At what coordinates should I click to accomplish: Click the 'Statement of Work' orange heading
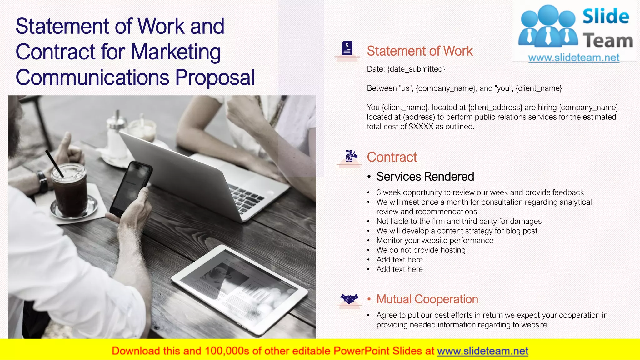pos(420,51)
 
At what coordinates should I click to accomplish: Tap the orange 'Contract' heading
pos(392,157)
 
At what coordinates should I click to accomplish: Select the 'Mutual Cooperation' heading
pos(427,299)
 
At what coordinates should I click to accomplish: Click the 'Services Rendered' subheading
pos(425,177)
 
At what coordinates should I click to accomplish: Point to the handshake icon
pos(349,299)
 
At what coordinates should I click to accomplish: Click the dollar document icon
pos(347,48)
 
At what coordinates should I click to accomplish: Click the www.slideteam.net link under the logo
pos(574,58)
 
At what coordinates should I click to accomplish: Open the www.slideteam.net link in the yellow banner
pos(482,351)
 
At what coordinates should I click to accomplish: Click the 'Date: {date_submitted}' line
pos(406,69)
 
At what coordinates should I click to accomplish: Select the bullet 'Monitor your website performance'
pos(435,241)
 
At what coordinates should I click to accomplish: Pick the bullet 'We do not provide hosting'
pos(421,250)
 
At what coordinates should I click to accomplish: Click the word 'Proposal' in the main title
pos(215,77)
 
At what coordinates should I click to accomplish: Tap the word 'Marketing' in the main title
pos(176,52)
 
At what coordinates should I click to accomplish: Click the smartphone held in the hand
pos(131,187)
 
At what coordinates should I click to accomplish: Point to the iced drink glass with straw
pos(69,191)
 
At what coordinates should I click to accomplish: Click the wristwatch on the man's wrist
pos(42,182)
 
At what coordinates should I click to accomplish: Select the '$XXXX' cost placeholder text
pos(421,127)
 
